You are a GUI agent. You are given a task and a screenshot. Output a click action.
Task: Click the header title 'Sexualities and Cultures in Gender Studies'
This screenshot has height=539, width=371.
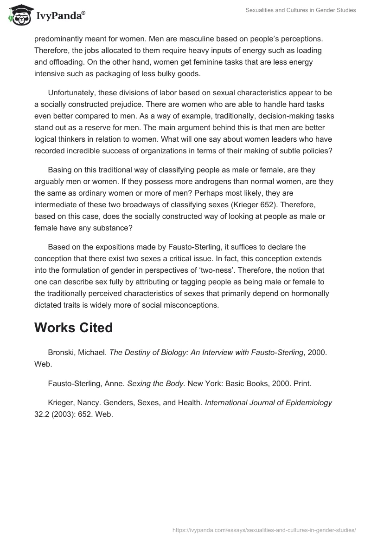coord(301,10)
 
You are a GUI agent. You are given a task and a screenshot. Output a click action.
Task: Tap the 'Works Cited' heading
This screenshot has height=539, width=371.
coord(73,328)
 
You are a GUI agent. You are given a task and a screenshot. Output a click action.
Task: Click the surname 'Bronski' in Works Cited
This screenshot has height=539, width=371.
coord(62,353)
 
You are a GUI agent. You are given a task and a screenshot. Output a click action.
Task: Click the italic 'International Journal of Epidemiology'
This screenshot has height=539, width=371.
coord(269,403)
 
